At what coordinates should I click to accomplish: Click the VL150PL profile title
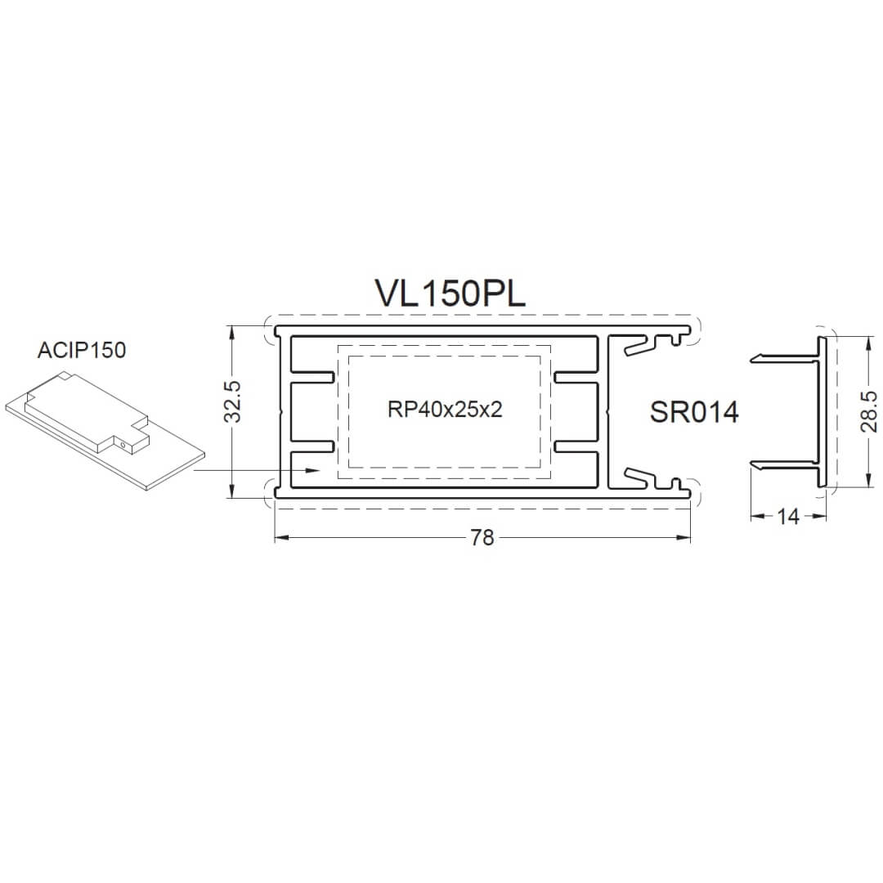click(x=450, y=294)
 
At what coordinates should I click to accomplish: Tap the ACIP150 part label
click(x=82, y=350)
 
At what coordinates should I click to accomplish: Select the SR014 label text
click(x=694, y=412)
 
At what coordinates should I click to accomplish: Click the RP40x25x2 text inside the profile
click(x=445, y=410)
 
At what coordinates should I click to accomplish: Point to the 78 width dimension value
click(x=482, y=538)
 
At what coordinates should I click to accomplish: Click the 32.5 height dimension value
click(x=232, y=401)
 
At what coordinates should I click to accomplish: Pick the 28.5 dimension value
click(x=868, y=411)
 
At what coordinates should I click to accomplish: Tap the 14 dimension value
click(x=788, y=517)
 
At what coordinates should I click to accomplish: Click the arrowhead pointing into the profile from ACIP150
click(x=312, y=469)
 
